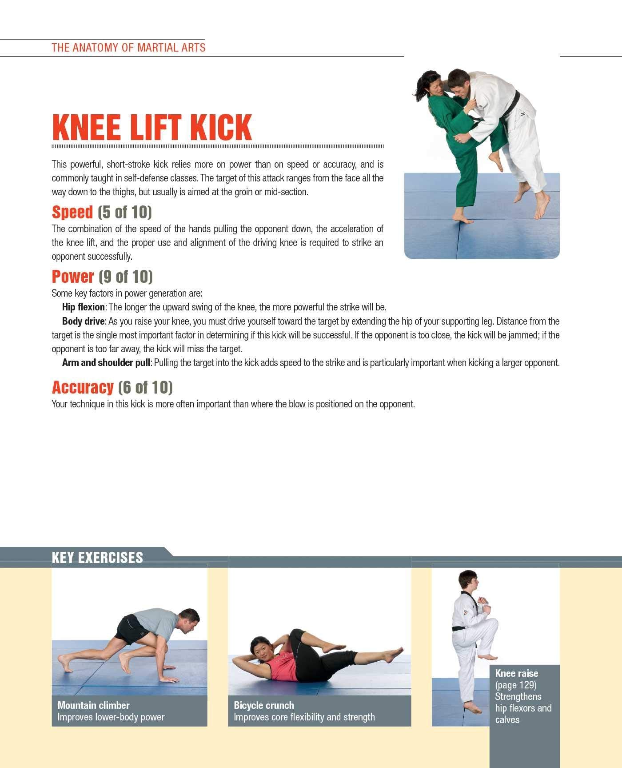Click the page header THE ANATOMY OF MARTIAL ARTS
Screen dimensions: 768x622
pos(128,48)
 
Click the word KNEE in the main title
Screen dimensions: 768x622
pos(87,128)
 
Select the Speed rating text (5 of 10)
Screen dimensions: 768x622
pos(125,212)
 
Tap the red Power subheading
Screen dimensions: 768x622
pos(73,277)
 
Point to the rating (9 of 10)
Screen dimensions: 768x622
pos(126,277)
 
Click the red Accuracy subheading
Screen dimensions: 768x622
pos(83,387)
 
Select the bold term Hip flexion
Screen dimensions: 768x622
pos(83,307)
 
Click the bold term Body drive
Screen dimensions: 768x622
pos(83,321)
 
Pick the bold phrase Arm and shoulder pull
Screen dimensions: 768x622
pos(106,362)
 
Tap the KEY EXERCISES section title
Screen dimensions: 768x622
pos(97,558)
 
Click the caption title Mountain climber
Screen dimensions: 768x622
pos(93,705)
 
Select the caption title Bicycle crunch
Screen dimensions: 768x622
pos(264,705)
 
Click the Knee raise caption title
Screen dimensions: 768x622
pos(516,673)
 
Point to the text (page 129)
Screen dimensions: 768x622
pos(516,685)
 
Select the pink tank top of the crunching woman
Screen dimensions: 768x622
pos(281,667)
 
